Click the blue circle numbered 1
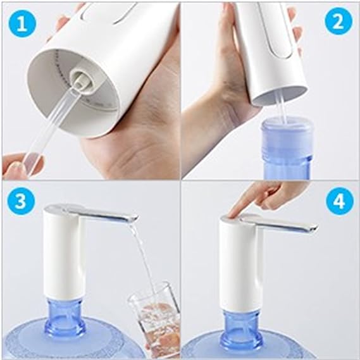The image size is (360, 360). click(x=22, y=23)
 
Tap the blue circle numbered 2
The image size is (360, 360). click(x=338, y=21)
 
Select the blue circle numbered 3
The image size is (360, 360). click(x=21, y=201)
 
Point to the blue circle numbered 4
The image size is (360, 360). click(x=340, y=201)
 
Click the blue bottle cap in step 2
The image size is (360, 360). click(x=288, y=136)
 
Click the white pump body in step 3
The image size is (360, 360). click(x=64, y=254)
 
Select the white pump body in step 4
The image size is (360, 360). click(x=240, y=264)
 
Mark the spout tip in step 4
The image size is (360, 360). click(x=313, y=228)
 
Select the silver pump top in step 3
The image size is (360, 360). click(x=90, y=213)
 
